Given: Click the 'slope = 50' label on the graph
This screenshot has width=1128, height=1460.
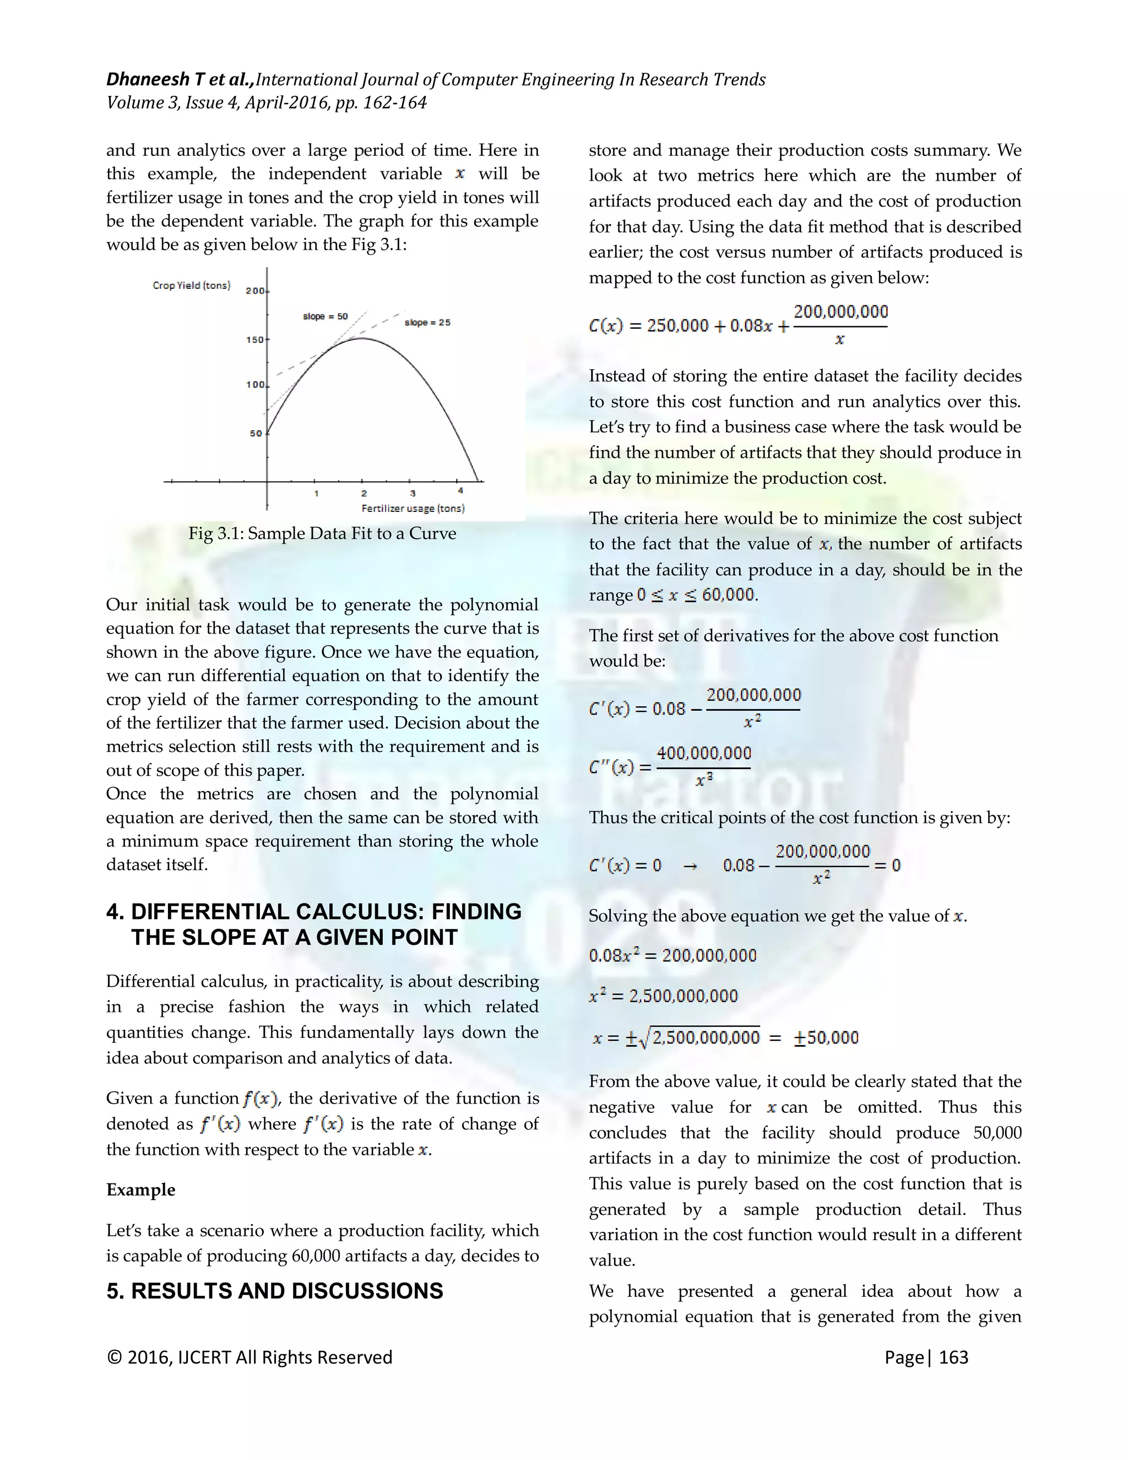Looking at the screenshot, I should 326,316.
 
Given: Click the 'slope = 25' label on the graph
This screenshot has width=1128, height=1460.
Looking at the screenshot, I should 427,322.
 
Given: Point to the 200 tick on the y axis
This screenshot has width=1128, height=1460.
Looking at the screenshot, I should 255,291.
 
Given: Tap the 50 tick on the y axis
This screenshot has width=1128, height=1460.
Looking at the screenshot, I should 256,433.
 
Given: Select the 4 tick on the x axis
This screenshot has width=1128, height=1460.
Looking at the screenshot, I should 460,491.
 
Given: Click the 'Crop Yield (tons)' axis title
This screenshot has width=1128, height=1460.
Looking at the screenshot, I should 191,285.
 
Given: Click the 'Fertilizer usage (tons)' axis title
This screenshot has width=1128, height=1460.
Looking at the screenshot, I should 413,508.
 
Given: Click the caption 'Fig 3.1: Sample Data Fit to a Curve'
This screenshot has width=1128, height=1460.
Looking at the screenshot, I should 322,533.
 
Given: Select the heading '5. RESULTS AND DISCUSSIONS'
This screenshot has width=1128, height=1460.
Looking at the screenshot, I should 275,1291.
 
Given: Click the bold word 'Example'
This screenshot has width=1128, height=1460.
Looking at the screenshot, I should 140,1189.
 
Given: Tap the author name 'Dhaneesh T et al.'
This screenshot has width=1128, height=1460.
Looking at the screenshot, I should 180,79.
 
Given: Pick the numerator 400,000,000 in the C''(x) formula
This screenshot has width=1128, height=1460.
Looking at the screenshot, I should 704,753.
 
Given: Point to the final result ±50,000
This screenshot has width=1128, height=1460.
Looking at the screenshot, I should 826,1037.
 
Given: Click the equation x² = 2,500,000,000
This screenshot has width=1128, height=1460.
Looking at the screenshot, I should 663,996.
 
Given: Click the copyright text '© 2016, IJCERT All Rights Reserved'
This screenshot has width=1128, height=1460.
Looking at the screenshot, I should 250,1357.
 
